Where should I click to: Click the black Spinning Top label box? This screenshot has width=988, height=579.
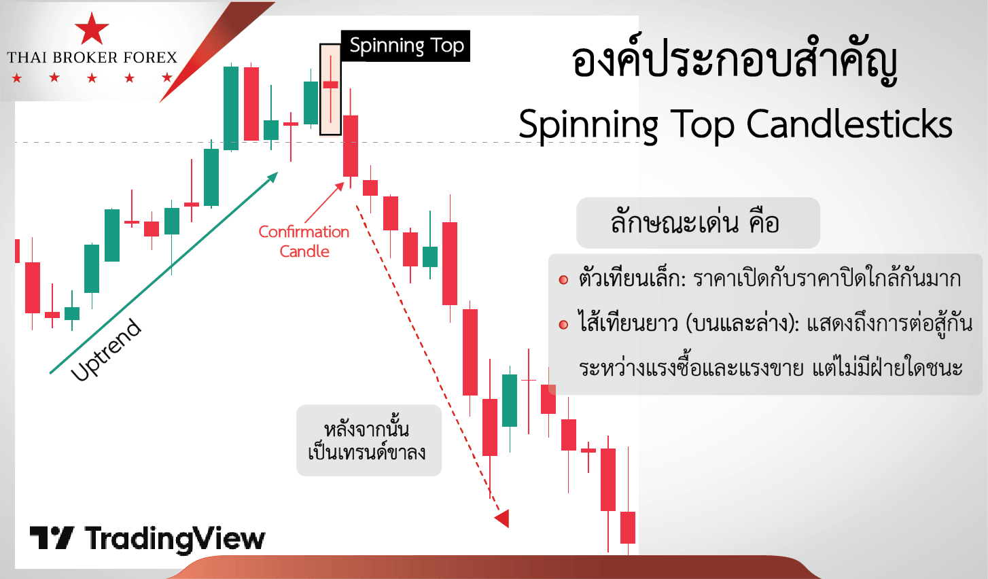[406, 46]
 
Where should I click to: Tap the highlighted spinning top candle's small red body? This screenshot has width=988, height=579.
[330, 84]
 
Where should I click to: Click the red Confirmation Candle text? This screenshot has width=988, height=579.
[304, 241]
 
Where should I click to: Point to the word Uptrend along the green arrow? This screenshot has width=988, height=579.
[106, 350]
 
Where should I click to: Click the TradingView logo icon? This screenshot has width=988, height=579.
[52, 538]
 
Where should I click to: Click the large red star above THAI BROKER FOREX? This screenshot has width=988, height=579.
[92, 29]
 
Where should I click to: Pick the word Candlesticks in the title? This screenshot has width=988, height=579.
[849, 125]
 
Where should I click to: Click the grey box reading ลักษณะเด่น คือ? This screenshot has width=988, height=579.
[698, 223]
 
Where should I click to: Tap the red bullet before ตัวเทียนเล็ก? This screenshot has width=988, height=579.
[563, 279]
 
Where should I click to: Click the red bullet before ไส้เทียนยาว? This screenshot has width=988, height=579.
[563, 325]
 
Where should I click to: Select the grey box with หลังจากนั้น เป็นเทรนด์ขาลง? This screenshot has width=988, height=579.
[369, 440]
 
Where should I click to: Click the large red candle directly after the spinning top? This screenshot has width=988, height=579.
[351, 145]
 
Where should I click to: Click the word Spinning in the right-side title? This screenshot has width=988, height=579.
[588, 126]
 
